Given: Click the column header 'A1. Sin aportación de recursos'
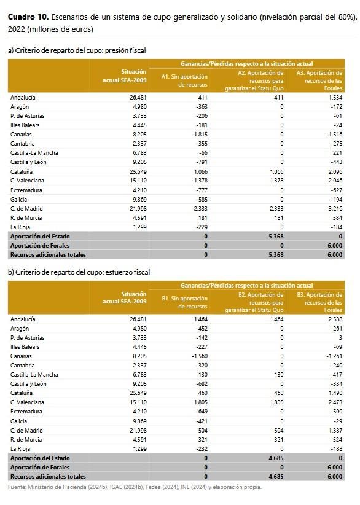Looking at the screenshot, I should (x=184, y=80).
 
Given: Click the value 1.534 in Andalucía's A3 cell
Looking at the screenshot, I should (x=335, y=97).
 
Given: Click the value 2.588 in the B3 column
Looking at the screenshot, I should (x=335, y=319).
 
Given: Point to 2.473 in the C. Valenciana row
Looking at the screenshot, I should (x=335, y=402).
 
